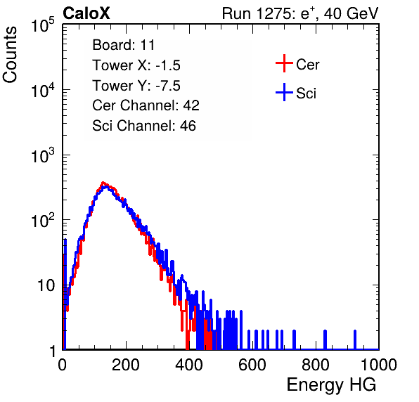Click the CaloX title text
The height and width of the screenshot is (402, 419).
tap(86, 13)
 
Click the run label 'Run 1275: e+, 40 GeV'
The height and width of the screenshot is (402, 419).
tap(300, 13)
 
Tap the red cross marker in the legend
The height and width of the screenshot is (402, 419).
tap(284, 63)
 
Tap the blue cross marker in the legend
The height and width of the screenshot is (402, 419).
tap(284, 92)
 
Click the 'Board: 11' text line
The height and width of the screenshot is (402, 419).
tap(124, 44)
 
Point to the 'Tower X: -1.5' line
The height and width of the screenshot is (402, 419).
tap(136, 65)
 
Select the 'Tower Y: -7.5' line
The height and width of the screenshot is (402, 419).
tap(136, 86)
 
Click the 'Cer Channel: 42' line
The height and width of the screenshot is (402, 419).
tap(146, 105)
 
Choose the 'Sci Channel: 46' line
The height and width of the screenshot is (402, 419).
tap(144, 126)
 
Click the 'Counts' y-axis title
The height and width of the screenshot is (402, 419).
tap(10, 55)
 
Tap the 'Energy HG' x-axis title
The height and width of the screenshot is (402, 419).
tap(331, 384)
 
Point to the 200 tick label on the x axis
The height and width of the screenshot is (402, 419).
tap(126, 365)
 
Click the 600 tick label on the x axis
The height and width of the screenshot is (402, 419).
tap(252, 365)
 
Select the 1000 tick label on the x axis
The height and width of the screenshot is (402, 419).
tap(379, 365)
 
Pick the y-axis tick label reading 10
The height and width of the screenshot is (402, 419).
tap(46, 285)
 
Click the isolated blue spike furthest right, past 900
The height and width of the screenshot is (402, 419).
tap(355, 339)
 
